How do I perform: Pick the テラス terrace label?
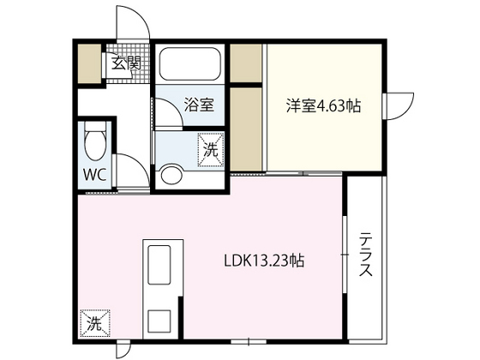coord(365,255)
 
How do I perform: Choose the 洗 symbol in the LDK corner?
coord(94,323)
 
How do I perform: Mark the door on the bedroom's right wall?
coord(397,106)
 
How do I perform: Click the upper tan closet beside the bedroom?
coord(246,63)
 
